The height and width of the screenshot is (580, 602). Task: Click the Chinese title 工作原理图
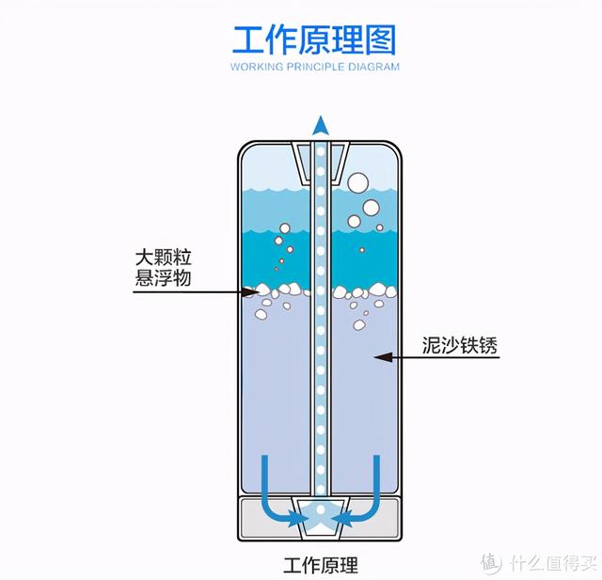tap(315, 40)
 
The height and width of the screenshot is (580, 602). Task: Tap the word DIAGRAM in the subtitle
tap(374, 67)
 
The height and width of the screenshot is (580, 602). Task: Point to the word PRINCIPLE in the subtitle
tap(312, 67)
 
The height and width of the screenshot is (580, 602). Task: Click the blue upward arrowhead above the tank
tap(321, 125)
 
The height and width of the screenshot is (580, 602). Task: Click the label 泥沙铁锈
tap(460, 347)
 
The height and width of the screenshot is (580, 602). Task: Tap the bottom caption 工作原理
tap(321, 566)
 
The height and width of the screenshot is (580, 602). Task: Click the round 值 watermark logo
tap(492, 563)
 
